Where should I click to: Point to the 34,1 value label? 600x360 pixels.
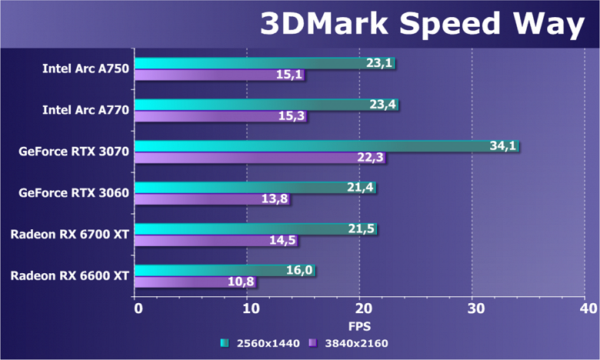coord(503,146)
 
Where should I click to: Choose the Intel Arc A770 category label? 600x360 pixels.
coord(86,110)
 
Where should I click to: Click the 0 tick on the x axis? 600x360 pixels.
coord(138,308)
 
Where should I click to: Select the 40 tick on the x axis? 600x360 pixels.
coord(588,308)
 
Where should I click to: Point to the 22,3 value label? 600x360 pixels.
coord(369,158)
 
